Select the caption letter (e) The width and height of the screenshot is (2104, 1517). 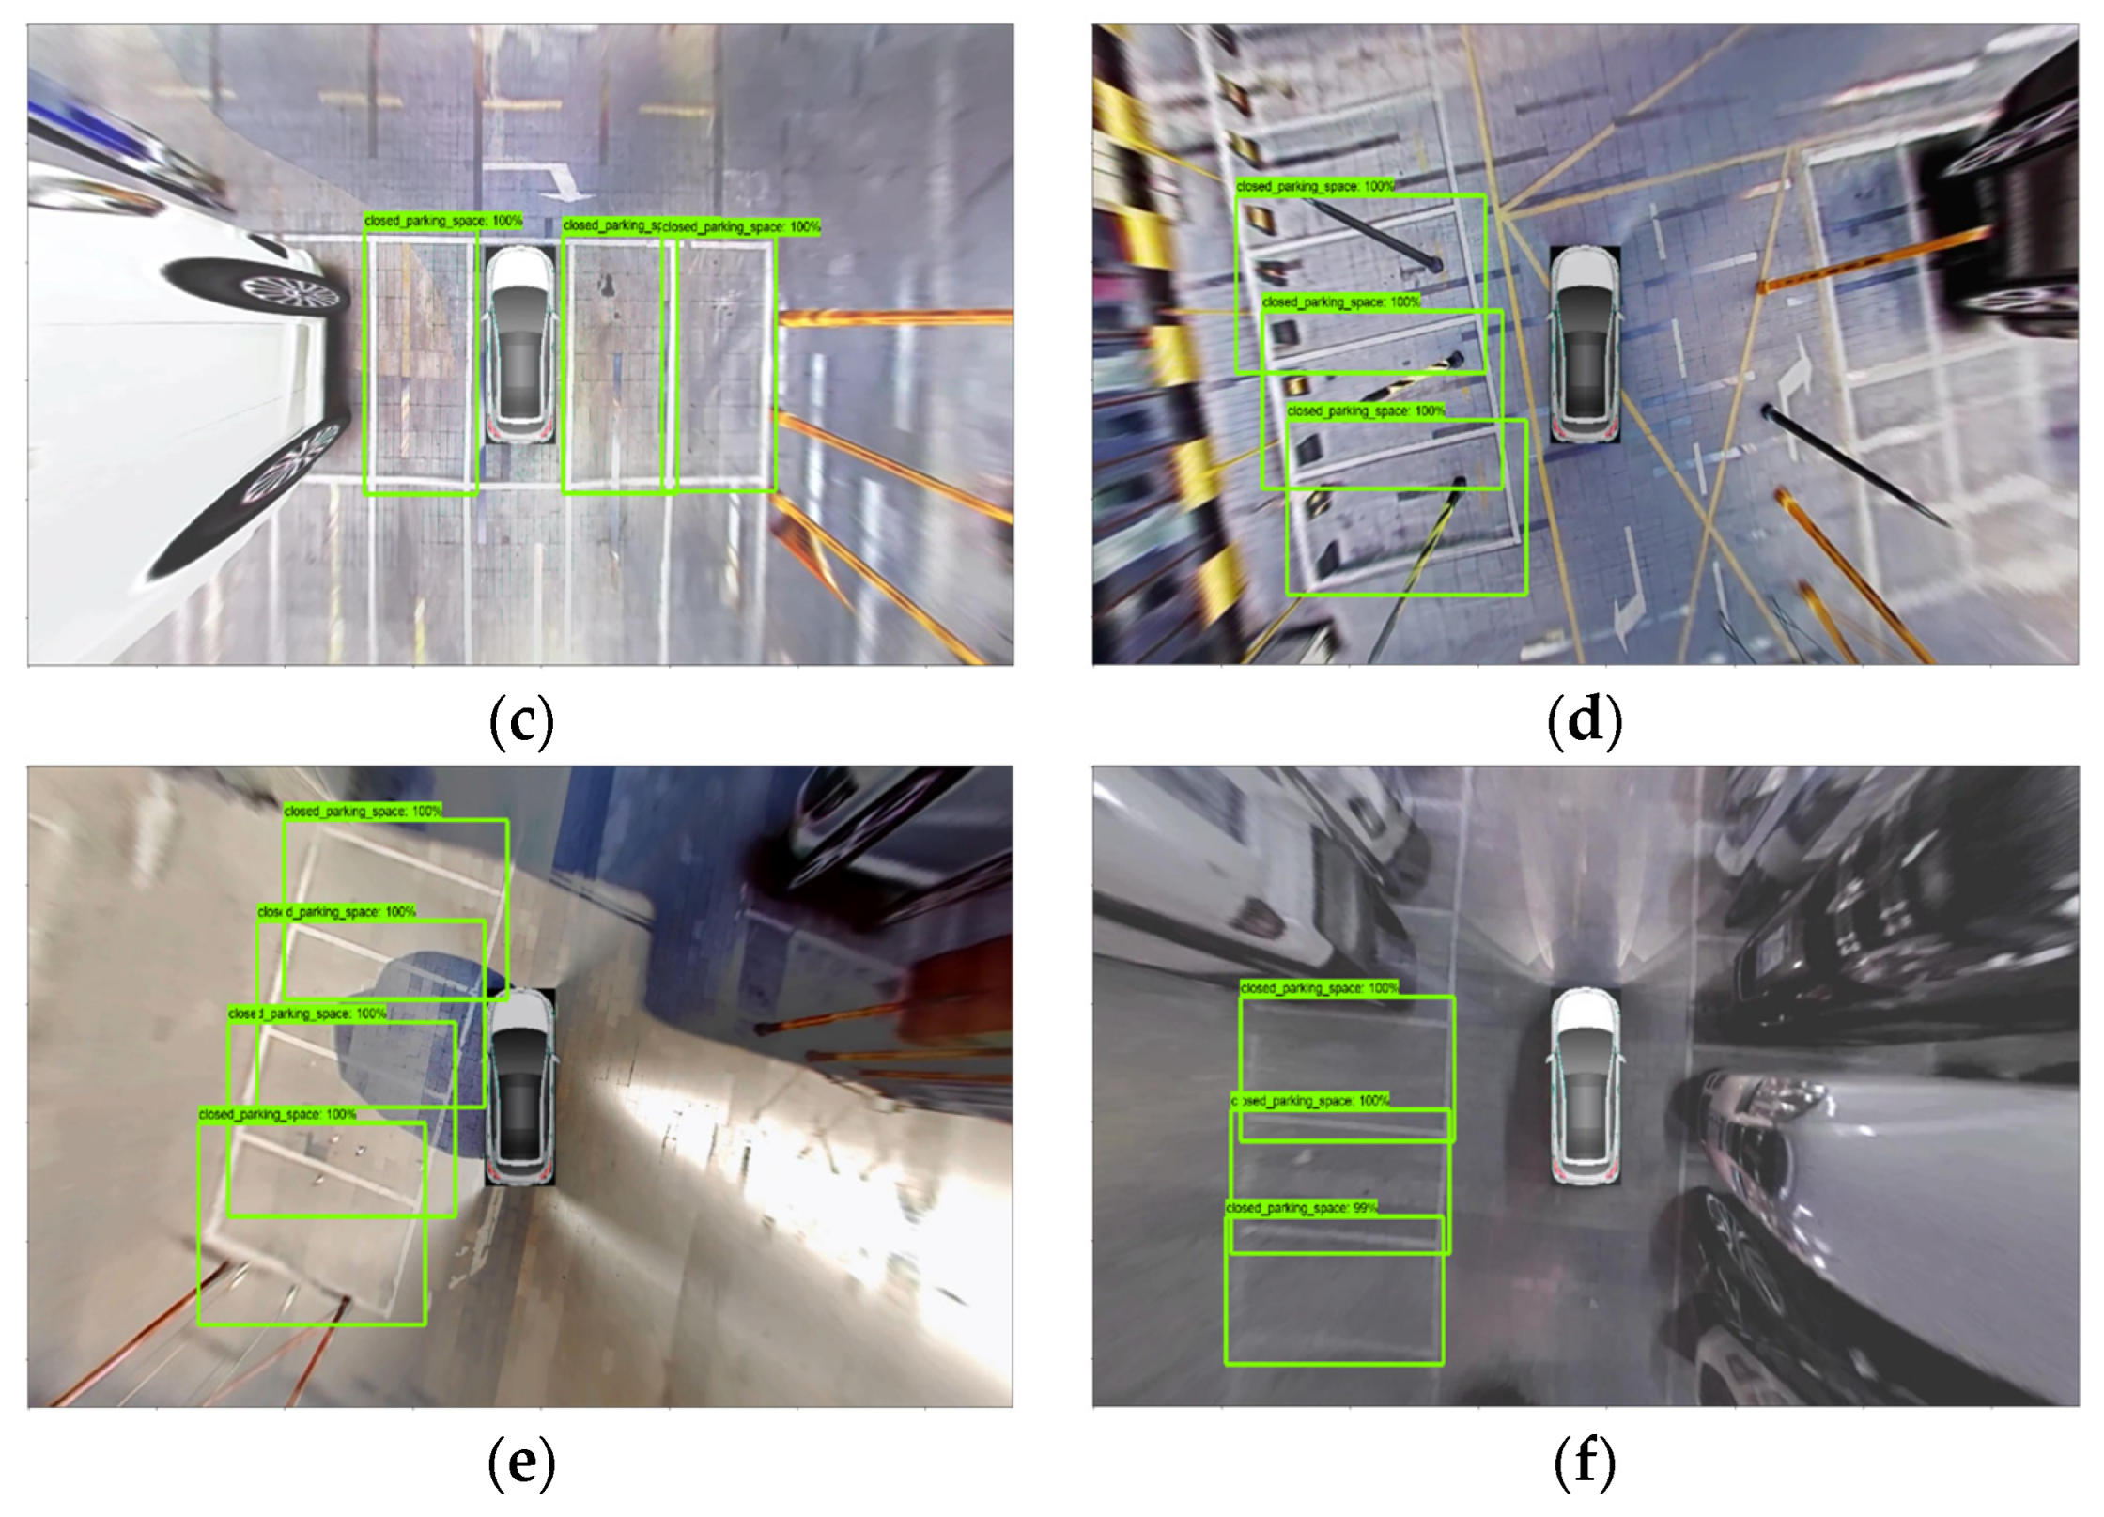pyautogui.click(x=522, y=1463)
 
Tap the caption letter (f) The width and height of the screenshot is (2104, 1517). pyautogui.click(x=1585, y=1463)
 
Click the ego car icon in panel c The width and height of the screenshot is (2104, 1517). pyautogui.click(x=520, y=345)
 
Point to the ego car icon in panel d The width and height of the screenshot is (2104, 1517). pyautogui.click(x=1585, y=345)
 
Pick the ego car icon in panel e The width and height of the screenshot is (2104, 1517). pyautogui.click(x=520, y=1087)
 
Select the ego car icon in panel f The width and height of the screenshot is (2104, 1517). pyautogui.click(x=1585, y=1087)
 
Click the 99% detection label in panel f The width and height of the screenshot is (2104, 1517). pyautogui.click(x=1302, y=1208)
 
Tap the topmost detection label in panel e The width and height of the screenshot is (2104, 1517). pyautogui.click(x=363, y=812)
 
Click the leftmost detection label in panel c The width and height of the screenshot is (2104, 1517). pyautogui.click(x=443, y=222)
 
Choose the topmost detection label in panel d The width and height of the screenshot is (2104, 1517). pyautogui.click(x=1315, y=187)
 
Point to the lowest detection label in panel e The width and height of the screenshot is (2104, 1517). pyautogui.click(x=278, y=1115)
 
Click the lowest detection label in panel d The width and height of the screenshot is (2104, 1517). pyautogui.click(x=1366, y=411)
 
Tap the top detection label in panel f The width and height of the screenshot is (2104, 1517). pyautogui.click(x=1319, y=988)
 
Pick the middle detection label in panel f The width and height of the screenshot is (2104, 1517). pyautogui.click(x=1310, y=1101)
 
